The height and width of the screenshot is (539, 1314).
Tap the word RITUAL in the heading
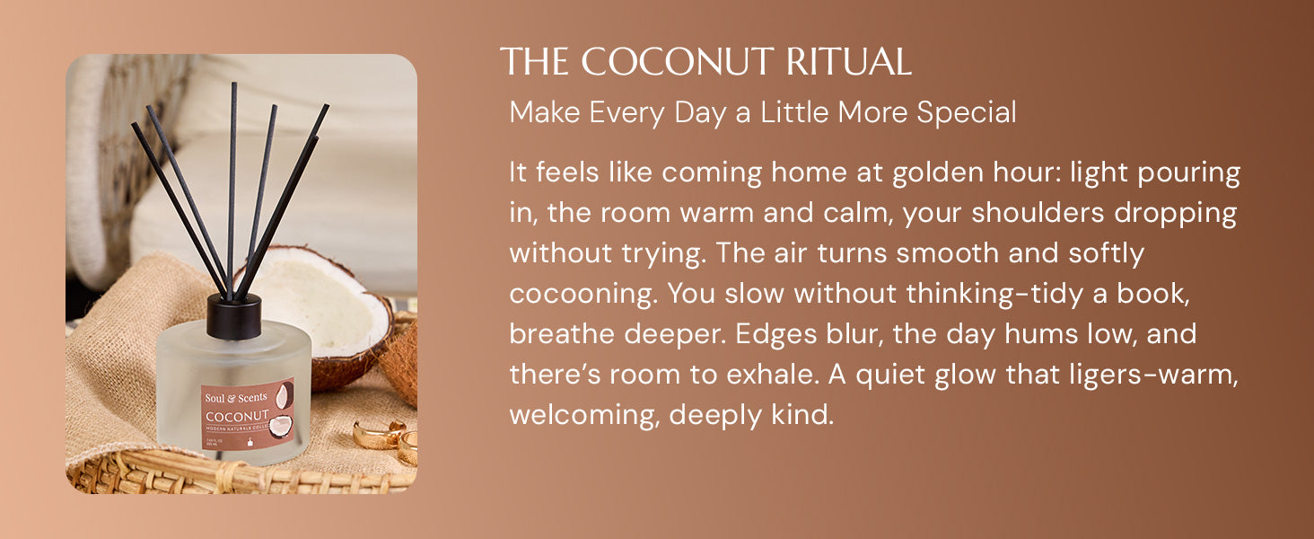pos(849,61)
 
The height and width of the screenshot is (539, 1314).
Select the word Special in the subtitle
pos(966,113)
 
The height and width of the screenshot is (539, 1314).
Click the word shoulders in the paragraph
pos(1038,213)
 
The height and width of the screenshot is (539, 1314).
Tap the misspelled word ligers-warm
pos(1153,376)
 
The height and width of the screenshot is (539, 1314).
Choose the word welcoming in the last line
pos(584,416)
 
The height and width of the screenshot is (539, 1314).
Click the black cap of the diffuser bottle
pos(233,316)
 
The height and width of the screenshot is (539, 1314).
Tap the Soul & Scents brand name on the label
pos(236,397)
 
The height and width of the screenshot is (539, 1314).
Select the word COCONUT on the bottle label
pos(237,416)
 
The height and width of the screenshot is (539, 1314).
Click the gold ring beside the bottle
pos(379,435)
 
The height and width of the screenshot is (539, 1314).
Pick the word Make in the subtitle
pos(545,112)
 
